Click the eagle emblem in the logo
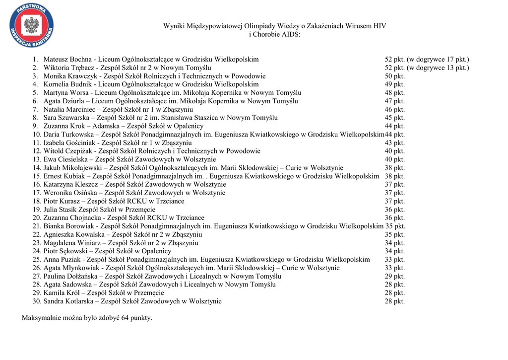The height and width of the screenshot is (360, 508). pyautogui.click(x=32, y=25)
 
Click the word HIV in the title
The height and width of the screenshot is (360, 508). pyautogui.click(x=380, y=26)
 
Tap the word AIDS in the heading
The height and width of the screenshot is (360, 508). pyautogui.click(x=291, y=34)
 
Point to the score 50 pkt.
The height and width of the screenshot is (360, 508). pyautogui.click(x=395, y=76)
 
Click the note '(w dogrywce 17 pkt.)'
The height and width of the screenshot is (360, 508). pyautogui.click(x=438, y=59)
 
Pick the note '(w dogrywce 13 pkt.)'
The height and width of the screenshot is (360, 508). pyautogui.click(x=438, y=68)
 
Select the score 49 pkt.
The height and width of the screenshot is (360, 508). pyautogui.click(x=395, y=84)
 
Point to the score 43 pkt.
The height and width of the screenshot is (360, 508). pyautogui.click(x=395, y=143)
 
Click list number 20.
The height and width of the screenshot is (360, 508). pyautogui.click(x=36, y=217)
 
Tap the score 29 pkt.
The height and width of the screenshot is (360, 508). pyautogui.click(x=395, y=276)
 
